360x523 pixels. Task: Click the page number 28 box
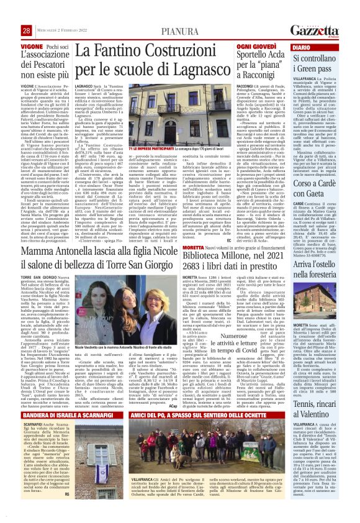[x=26, y=31]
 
